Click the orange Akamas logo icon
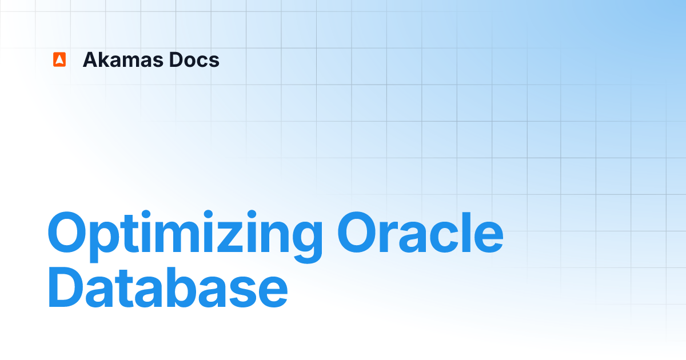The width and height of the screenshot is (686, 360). [x=59, y=59]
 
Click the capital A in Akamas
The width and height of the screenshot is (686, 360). [x=90, y=59]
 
